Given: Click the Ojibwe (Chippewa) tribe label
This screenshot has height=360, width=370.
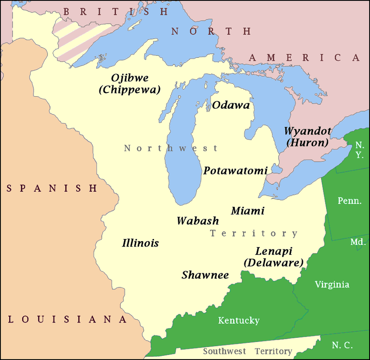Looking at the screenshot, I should (129, 84).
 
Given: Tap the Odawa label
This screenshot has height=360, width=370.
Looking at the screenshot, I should (231, 106).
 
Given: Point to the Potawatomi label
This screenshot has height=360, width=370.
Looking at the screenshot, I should (235, 171).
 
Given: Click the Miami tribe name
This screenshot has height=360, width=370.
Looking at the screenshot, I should (247, 211).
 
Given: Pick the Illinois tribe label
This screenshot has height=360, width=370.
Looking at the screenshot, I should (140, 243).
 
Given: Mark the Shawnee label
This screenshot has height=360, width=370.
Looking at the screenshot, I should (205, 275).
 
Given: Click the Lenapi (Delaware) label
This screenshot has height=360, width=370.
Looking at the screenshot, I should (273, 257).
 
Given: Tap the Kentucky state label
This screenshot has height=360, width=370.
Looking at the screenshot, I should (239, 320).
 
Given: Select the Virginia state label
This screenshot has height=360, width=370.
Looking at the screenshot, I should (332, 284).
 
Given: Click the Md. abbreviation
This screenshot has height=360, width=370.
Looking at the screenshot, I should (357, 242).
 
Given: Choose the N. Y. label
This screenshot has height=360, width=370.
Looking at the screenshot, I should (359, 149).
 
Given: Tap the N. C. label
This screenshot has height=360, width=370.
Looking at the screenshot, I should (342, 345).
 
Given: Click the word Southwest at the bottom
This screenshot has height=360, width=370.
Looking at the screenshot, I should (225, 351).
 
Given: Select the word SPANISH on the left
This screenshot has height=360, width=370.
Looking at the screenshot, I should (51, 188).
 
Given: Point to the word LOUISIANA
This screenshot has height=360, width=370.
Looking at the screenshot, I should (67, 319).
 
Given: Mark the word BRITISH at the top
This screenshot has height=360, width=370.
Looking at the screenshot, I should (115, 12).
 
